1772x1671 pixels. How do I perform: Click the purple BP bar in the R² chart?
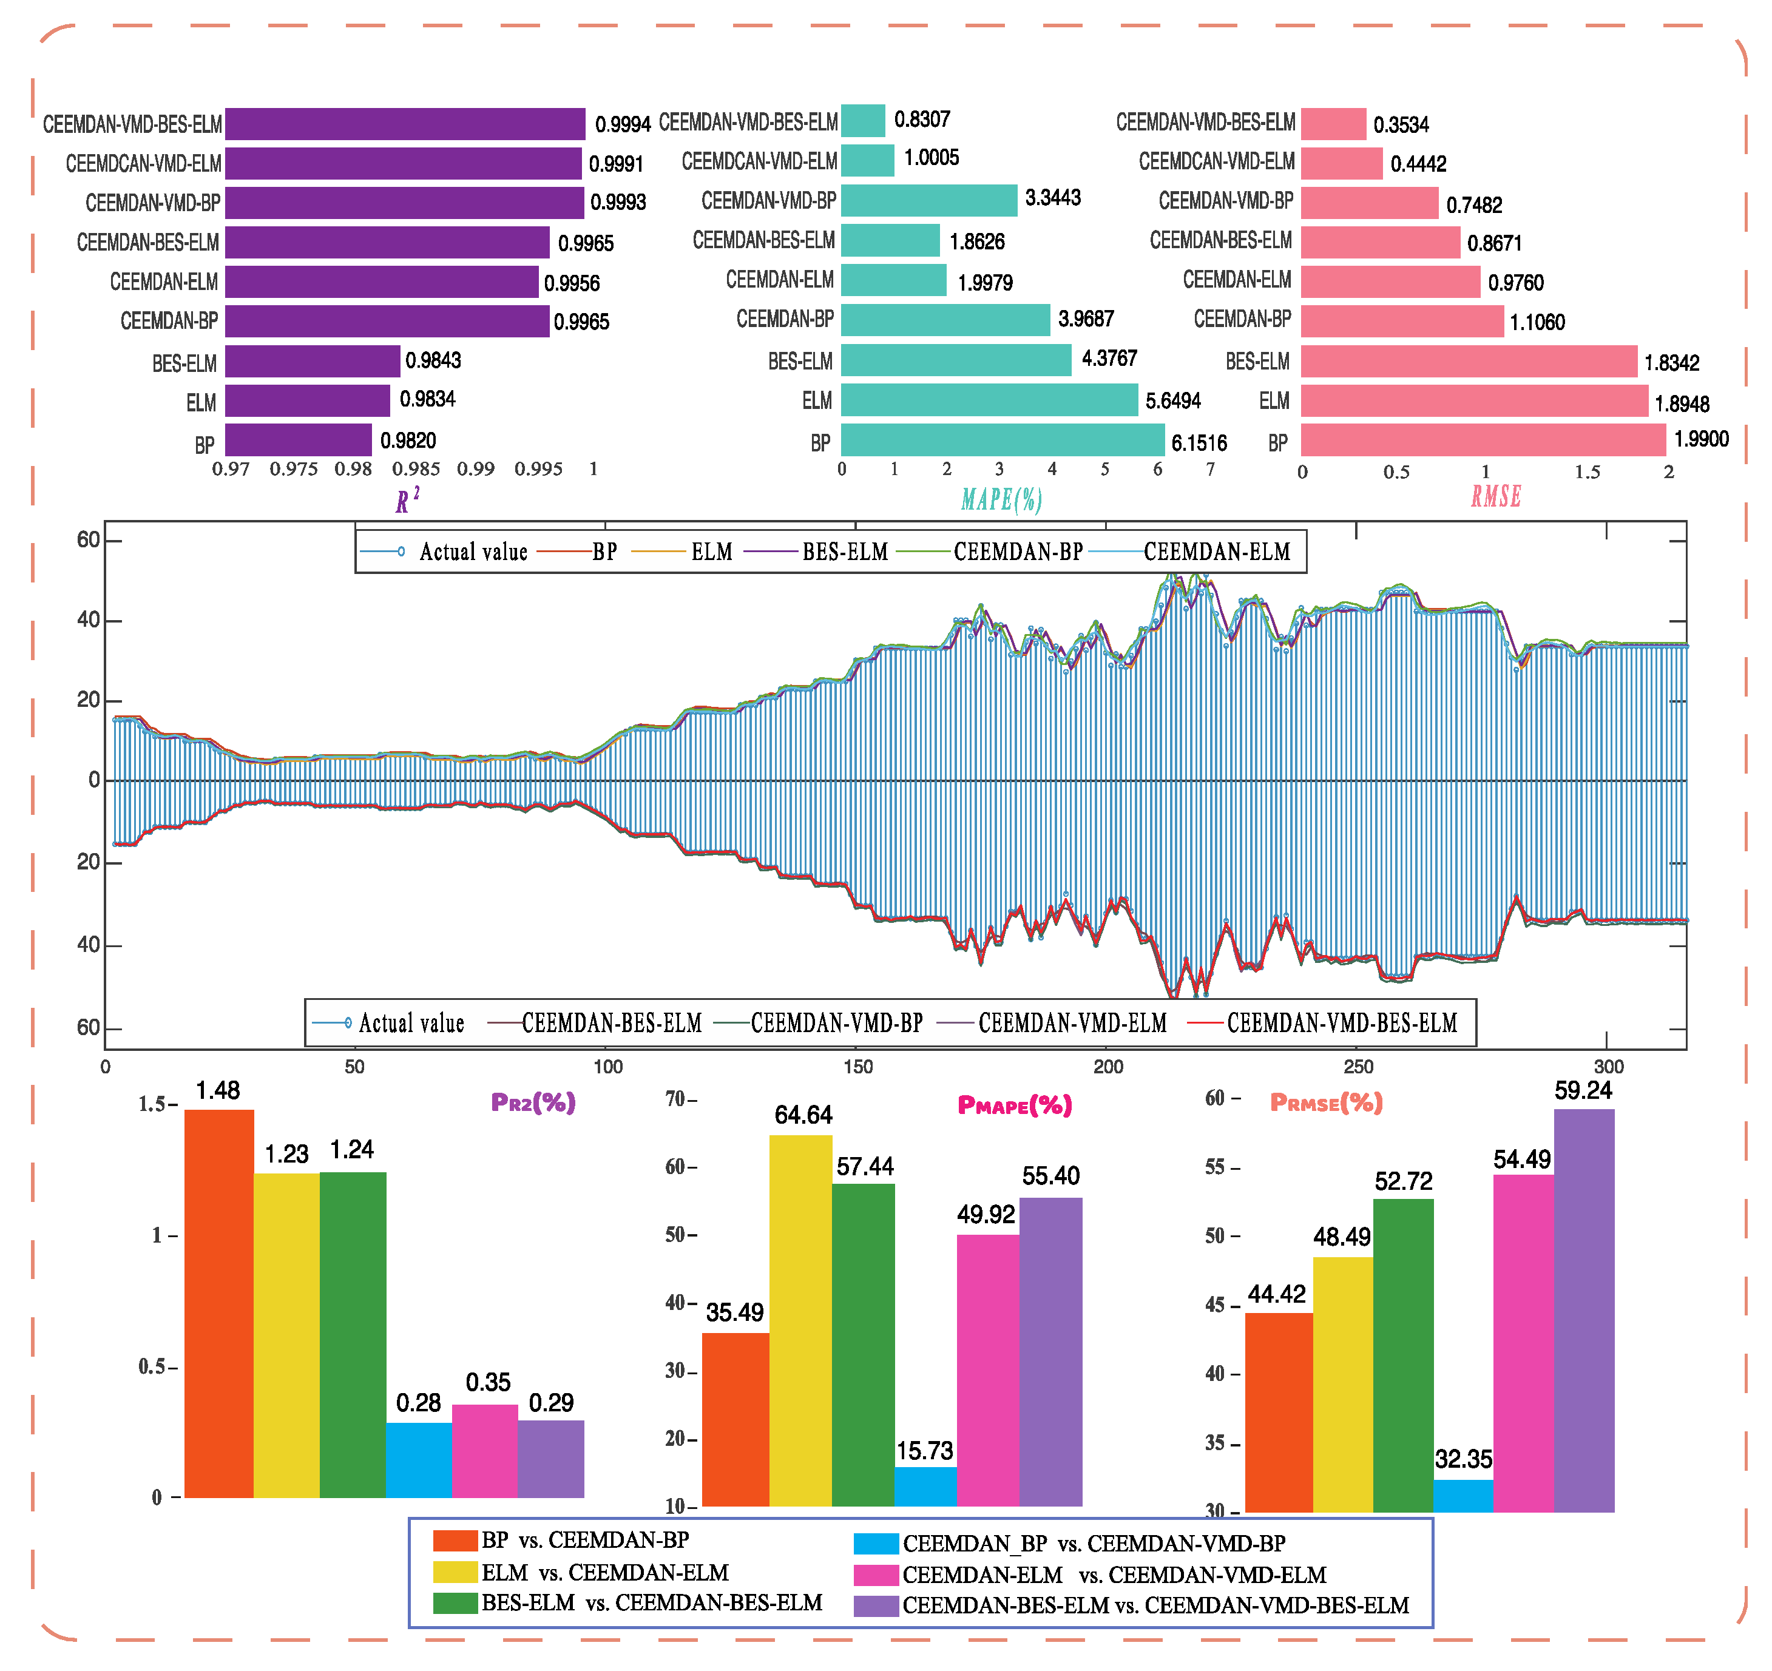click(x=298, y=441)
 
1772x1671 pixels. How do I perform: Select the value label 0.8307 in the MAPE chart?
click(x=922, y=120)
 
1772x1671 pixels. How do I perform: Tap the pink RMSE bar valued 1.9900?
click(x=1483, y=441)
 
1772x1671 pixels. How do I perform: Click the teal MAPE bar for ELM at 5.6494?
click(x=989, y=400)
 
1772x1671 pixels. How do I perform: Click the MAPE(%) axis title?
click(x=1001, y=499)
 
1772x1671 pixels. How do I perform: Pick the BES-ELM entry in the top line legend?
click(x=844, y=552)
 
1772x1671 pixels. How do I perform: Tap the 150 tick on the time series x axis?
click(x=857, y=1067)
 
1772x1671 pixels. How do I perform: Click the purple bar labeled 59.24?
click(x=1583, y=1310)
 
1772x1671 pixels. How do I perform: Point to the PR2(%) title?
click(x=533, y=1103)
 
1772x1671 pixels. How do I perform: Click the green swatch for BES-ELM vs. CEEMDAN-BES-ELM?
click(x=455, y=1602)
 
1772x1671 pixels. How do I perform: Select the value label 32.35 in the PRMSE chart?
click(x=1463, y=1459)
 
